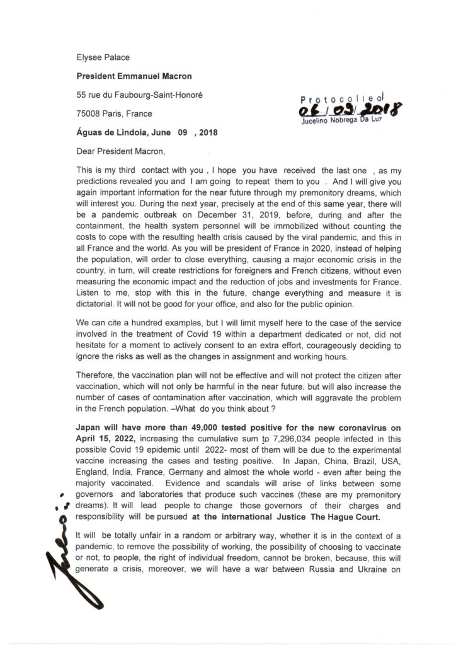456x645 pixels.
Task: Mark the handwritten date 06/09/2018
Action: (x=343, y=111)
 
